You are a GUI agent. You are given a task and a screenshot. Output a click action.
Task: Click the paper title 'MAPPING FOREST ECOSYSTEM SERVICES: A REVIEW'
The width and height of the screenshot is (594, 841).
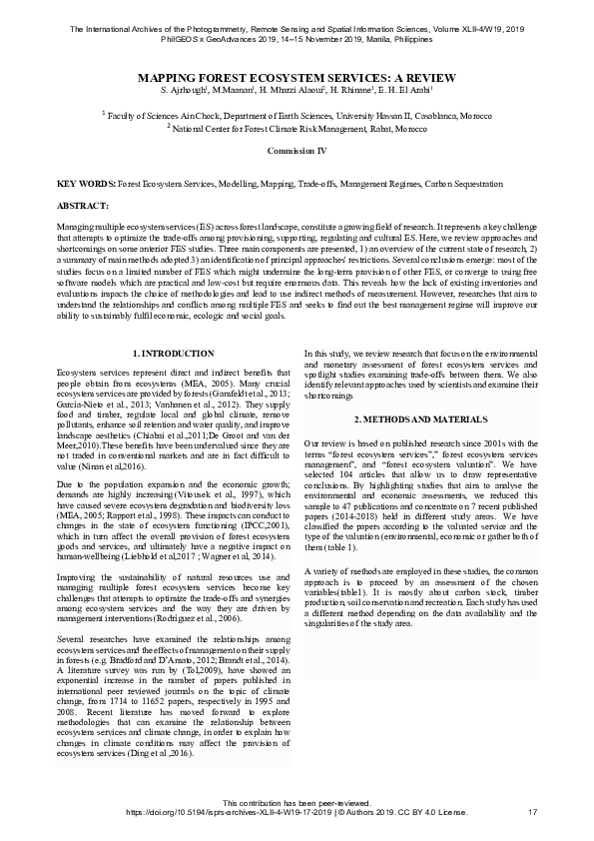point(297,76)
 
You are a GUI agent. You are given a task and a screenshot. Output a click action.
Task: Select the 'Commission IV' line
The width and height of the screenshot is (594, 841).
point(297,149)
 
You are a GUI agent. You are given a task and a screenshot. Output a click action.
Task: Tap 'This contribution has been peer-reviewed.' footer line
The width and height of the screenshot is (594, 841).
point(297,802)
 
